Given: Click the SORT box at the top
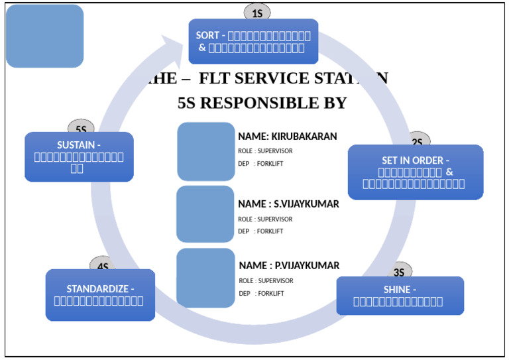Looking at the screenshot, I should point(253,41).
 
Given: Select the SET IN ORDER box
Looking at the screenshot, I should point(415,172).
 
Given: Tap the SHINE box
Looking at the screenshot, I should point(400,296).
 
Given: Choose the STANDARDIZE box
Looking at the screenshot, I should point(100,295).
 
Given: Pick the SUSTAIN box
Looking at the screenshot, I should point(79,156).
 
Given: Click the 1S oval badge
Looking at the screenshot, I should point(257,13).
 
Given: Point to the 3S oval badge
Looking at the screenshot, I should point(399,271).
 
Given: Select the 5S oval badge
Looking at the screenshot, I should point(81,128).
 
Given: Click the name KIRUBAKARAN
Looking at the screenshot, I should point(304,137).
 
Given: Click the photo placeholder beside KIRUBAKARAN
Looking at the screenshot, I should point(206,151).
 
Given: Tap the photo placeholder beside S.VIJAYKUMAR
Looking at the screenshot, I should point(205,214).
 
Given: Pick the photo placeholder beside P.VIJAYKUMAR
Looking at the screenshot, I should point(205,278).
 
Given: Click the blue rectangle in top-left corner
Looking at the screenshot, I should point(44,36).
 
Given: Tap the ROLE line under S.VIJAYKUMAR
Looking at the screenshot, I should point(265,219).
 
